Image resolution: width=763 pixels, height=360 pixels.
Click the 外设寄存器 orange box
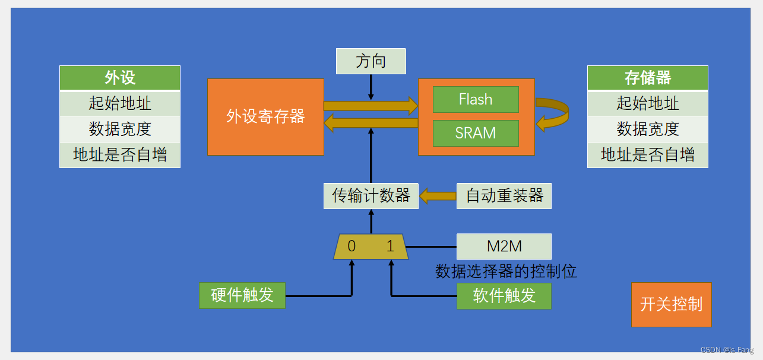pyautogui.click(x=265, y=116)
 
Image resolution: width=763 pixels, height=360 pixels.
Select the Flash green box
pyautogui.click(x=476, y=99)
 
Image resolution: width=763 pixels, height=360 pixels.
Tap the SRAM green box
pyautogui.click(x=476, y=133)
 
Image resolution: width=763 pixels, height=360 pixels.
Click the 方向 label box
pyautogui.click(x=371, y=61)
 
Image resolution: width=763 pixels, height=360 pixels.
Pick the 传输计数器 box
pyautogui.click(x=371, y=196)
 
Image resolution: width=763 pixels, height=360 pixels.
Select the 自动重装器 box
pyautogui.click(x=504, y=196)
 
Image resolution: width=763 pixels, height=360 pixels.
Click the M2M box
pyautogui.click(x=504, y=247)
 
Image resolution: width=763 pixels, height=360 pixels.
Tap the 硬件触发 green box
pyautogui.click(x=242, y=295)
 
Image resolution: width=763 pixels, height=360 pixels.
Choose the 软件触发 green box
pyautogui.click(x=504, y=296)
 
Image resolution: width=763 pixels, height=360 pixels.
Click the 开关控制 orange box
pyautogui.click(x=671, y=305)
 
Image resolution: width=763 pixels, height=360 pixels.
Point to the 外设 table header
pyautogui.click(x=120, y=78)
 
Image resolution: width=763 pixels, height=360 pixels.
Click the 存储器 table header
pyautogui.click(x=647, y=78)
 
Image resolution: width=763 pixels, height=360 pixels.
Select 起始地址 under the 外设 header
pyautogui.click(x=120, y=103)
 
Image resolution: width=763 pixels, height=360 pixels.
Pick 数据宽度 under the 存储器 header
pyautogui.click(x=647, y=129)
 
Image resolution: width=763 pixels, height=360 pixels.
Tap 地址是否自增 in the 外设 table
pyautogui.click(x=120, y=155)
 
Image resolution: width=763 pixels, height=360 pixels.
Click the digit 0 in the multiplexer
pyautogui.click(x=352, y=247)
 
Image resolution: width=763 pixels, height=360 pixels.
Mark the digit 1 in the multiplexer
pyautogui.click(x=390, y=247)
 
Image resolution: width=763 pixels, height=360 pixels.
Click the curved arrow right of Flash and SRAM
pyautogui.click(x=555, y=113)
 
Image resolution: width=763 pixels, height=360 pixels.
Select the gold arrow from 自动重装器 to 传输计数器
pyautogui.click(x=438, y=196)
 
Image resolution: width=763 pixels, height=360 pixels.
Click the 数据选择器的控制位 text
pyautogui.click(x=506, y=271)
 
